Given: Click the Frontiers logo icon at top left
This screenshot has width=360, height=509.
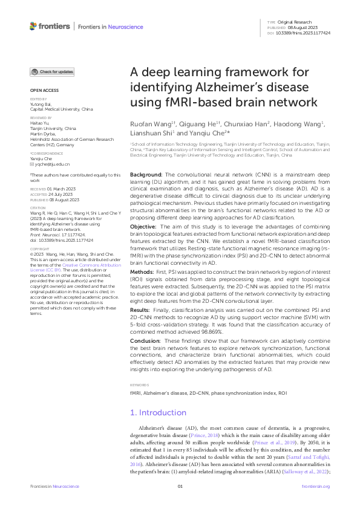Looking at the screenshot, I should [33, 26].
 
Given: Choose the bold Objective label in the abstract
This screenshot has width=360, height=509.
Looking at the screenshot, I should [143, 209].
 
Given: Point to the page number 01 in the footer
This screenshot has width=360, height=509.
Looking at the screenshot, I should [180, 486].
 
